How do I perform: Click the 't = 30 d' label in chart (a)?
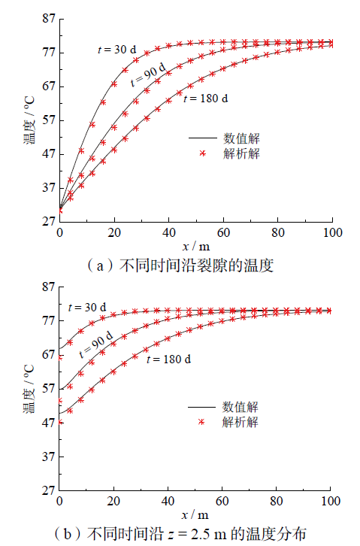tap(117, 50)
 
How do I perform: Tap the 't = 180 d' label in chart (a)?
tap(206, 99)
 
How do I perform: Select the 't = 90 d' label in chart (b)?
tap(96, 344)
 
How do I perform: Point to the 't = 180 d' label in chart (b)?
tap(168, 359)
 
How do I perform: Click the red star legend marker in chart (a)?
tap(203, 153)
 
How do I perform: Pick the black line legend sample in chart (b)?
tap(201, 407)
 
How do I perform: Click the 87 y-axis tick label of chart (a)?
tap(49, 18)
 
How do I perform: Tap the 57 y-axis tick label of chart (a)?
tap(49, 120)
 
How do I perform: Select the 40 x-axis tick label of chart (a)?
tap(168, 232)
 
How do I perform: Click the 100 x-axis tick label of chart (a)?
tap(332, 232)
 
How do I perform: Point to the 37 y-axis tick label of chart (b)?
tap(49, 457)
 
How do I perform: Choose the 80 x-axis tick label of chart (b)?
tap(276, 501)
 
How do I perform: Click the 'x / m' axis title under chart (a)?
tap(196, 247)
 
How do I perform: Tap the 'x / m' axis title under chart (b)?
tap(195, 515)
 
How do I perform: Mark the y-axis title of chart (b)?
tap(29, 389)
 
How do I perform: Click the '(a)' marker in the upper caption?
tap(100, 265)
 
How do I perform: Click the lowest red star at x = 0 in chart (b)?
tap(60, 423)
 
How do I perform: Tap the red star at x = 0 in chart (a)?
tap(60, 210)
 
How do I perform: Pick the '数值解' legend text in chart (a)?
tap(241, 138)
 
